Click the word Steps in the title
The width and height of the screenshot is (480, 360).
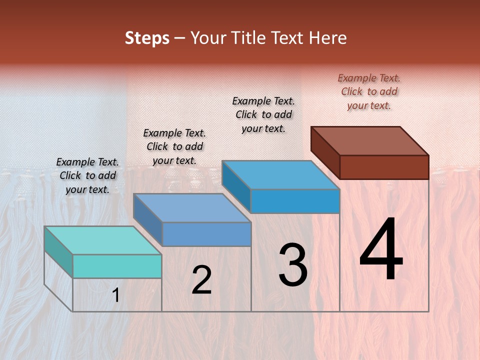click(x=147, y=38)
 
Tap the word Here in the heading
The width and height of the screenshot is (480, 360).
click(x=328, y=38)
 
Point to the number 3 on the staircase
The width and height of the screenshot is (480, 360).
click(x=292, y=264)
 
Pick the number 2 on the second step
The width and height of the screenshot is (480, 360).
click(x=201, y=280)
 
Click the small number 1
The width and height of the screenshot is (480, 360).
click(x=116, y=295)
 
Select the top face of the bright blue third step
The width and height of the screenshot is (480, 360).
click(x=280, y=175)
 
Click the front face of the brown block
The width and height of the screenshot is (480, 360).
click(x=384, y=167)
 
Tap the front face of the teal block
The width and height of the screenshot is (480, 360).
click(x=117, y=266)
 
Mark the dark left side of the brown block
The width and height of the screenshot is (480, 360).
click(x=325, y=150)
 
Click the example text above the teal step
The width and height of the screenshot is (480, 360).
click(x=87, y=175)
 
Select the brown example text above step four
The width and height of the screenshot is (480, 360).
click(x=369, y=91)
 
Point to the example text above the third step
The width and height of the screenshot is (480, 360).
click(x=263, y=114)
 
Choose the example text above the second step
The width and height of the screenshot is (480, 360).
click(x=174, y=146)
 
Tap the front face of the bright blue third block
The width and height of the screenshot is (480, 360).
click(x=295, y=201)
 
